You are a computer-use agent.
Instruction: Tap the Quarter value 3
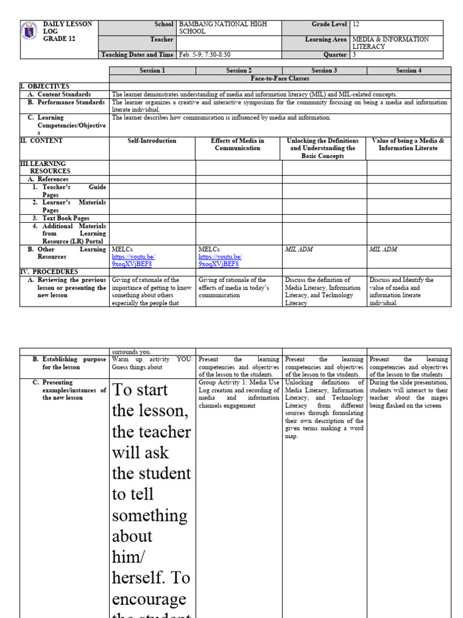click(354, 54)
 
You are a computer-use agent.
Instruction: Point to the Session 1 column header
click(151, 71)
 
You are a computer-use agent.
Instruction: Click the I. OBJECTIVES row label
click(45, 86)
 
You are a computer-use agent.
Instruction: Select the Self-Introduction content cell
click(152, 141)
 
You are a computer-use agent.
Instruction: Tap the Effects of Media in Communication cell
click(238, 144)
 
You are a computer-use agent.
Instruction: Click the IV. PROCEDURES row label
click(49, 272)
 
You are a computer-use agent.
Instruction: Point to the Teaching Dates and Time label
click(137, 54)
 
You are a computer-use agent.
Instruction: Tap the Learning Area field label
click(326, 39)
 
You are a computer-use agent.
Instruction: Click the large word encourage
click(149, 600)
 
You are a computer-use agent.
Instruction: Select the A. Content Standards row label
click(64, 94)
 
